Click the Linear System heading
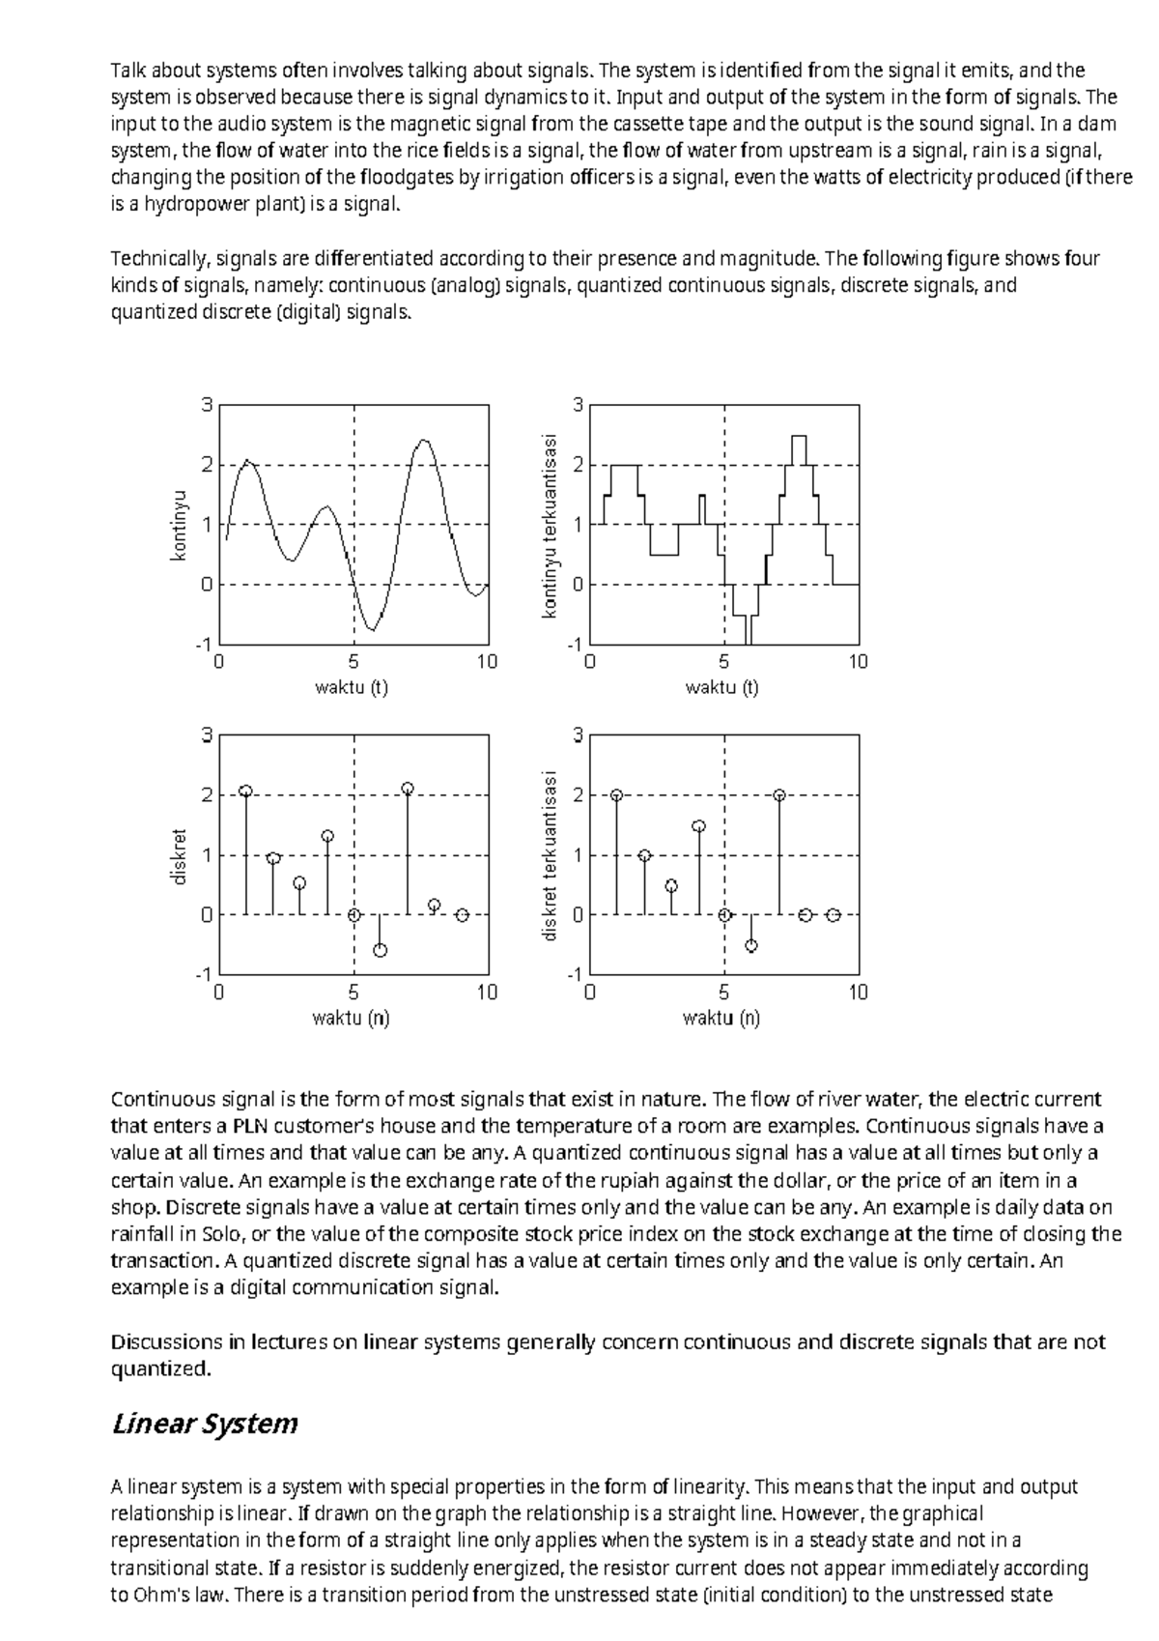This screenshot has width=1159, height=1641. point(204,1424)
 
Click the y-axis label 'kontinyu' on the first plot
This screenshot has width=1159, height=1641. point(179,525)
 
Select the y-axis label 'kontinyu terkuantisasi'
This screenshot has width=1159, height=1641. point(550,525)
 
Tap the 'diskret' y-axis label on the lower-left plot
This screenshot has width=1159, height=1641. point(179,855)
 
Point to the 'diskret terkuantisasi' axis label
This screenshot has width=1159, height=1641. point(550,855)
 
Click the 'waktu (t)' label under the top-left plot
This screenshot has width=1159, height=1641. point(352,687)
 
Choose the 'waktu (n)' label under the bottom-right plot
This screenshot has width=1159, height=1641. point(721,1018)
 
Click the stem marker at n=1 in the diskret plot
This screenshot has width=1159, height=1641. point(245,791)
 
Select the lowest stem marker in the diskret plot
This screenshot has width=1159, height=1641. point(381,951)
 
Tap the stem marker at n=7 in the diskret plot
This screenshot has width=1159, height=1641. point(408,789)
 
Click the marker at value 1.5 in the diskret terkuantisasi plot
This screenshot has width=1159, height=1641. point(699,826)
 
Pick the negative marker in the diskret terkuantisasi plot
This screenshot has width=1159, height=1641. point(751,946)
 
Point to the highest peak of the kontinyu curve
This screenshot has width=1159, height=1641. point(423,441)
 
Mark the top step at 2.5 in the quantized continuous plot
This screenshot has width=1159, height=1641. point(798,436)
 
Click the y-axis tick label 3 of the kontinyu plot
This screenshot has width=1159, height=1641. point(206,405)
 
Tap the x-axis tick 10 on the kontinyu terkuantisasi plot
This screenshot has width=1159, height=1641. point(858,662)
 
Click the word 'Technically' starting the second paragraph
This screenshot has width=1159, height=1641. point(158,259)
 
